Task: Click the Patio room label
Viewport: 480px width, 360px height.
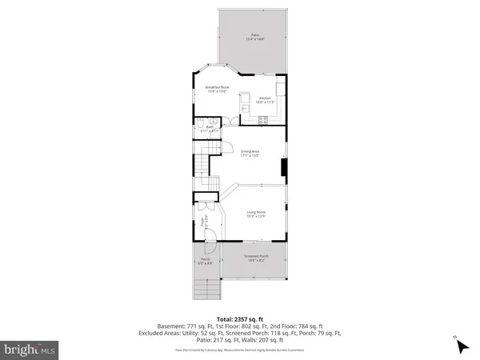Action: [x=254, y=35]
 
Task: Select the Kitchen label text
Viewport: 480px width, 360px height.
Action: [x=265, y=98]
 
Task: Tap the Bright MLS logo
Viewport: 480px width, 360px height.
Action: [x=30, y=349]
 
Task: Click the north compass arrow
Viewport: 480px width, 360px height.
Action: [x=461, y=346]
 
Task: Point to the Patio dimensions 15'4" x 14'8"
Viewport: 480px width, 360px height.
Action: [x=254, y=40]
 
